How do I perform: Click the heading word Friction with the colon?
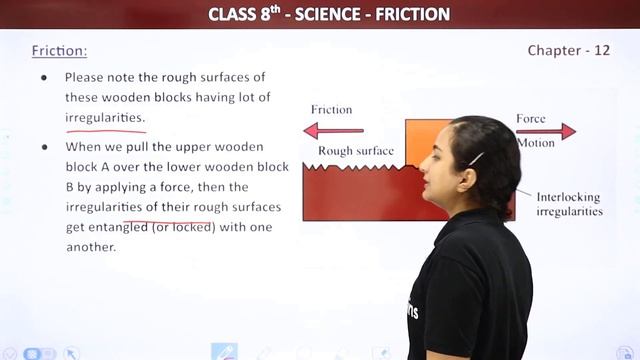[x=59, y=50]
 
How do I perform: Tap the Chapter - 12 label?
[x=568, y=50]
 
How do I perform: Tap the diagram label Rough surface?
[x=355, y=151]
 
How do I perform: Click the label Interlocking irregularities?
[x=569, y=204]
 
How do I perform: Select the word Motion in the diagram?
[x=536, y=143]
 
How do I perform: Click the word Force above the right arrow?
[x=531, y=118]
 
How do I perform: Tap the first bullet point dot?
[x=43, y=77]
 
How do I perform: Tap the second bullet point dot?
[x=43, y=146]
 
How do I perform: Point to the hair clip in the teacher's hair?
[x=477, y=158]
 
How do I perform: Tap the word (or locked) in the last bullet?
[x=186, y=227]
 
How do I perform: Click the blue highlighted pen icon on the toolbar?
[x=224, y=352]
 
